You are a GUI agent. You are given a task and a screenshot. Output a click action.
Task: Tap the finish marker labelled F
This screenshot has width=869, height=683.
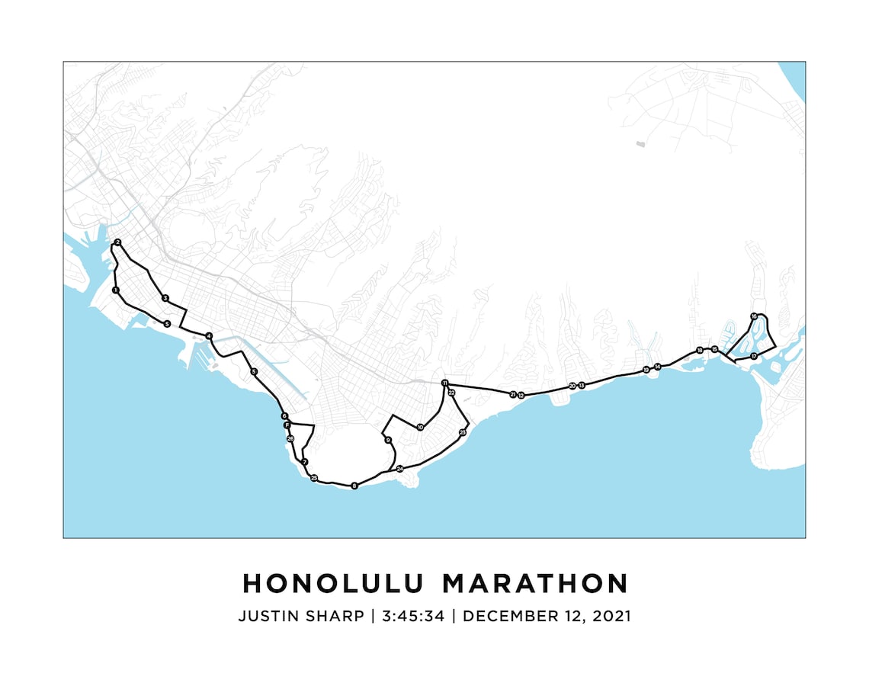click(287, 425)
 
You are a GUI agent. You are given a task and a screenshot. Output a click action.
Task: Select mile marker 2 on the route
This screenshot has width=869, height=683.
click(117, 242)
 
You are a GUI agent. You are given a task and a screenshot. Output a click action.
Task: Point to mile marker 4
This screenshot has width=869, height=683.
click(208, 336)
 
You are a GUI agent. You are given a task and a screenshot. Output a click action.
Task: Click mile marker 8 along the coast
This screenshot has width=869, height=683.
click(354, 486)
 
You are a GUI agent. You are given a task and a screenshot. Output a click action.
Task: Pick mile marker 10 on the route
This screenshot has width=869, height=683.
click(420, 427)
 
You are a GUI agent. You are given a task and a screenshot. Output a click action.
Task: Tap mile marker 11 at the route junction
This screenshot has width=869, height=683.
click(444, 383)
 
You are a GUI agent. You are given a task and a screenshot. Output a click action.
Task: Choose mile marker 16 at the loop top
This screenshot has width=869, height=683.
click(754, 316)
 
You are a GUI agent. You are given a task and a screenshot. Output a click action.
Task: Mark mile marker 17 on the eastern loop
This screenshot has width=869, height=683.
click(753, 356)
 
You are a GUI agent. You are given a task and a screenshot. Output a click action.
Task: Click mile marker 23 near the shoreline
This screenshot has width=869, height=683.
click(463, 432)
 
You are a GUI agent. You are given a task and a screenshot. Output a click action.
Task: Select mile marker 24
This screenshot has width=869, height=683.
click(399, 469)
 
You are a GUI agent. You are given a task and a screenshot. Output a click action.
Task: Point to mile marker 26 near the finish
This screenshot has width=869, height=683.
click(290, 439)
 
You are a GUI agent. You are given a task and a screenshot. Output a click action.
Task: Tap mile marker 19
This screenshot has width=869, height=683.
click(646, 370)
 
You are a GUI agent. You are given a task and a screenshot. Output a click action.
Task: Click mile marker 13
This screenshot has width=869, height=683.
click(581, 386)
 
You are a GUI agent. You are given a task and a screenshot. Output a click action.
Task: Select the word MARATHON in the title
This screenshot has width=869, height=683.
click(536, 583)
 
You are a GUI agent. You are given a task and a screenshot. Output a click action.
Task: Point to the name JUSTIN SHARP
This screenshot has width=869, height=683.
click(301, 616)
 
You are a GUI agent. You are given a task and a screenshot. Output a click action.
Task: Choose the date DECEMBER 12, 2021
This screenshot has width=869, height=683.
click(547, 616)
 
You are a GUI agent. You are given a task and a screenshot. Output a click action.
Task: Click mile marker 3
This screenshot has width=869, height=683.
click(165, 298)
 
